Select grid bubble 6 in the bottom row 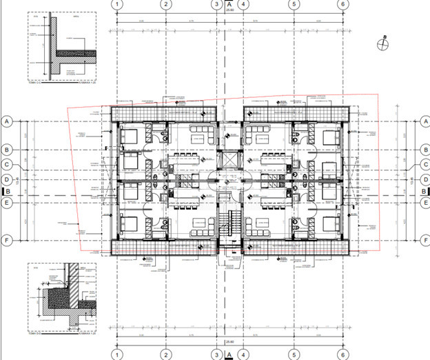[342, 355]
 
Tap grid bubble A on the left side [8, 120]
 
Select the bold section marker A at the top [229, 4]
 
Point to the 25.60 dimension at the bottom [229, 341]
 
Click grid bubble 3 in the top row [216, 4]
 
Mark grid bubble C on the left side [8, 165]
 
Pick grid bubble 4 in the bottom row [243, 355]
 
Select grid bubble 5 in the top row [294, 4]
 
